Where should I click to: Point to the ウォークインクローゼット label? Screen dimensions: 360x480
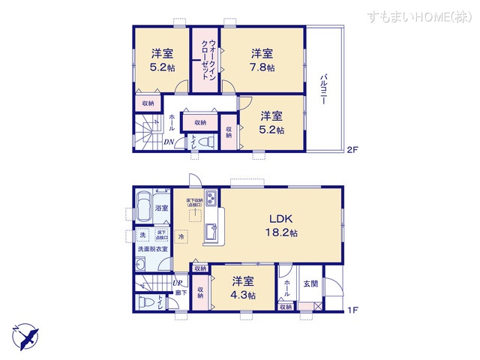coord(204,61)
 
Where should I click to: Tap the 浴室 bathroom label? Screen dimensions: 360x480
coord(161,208)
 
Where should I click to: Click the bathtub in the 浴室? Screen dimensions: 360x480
coord(143,206)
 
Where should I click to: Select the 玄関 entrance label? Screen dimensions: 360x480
coord(310,283)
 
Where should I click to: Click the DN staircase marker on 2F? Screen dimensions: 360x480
coord(170,142)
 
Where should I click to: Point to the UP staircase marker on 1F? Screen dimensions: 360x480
coord(178,283)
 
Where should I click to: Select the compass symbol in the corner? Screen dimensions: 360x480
coord(23,335)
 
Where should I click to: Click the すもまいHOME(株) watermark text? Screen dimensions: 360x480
coord(418,16)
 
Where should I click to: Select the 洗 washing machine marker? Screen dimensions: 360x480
coord(142,235)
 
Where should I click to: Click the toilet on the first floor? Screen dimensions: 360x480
coord(148,303)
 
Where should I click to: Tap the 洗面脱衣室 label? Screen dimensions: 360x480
coord(152,249)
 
